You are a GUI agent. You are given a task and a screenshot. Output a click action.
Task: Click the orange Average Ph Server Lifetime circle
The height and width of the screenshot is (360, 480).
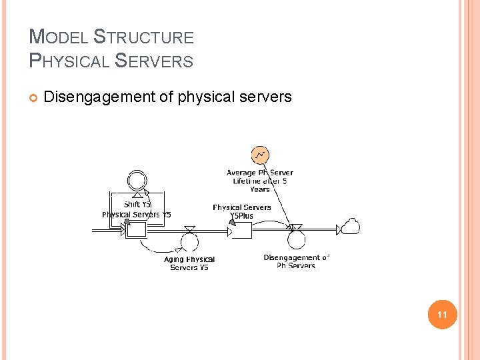point(260,155)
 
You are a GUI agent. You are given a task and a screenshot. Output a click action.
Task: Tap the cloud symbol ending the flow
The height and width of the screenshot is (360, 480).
point(350,227)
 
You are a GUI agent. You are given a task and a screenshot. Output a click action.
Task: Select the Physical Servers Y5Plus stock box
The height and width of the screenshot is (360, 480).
point(241,231)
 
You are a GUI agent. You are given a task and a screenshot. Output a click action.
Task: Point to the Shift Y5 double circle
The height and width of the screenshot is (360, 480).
point(137,179)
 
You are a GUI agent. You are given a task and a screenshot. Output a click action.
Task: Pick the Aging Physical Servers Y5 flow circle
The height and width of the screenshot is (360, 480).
point(189,242)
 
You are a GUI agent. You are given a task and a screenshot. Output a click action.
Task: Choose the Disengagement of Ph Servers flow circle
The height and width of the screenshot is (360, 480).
point(295,241)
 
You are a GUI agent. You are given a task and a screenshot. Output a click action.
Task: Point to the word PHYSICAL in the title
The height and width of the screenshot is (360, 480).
point(70,61)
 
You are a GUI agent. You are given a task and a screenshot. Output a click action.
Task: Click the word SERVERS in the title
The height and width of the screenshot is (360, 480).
point(154,61)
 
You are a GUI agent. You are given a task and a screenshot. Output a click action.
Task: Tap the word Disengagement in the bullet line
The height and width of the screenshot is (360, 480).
point(99,97)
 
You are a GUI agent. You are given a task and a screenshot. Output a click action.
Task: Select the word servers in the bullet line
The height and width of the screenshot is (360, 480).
point(267,97)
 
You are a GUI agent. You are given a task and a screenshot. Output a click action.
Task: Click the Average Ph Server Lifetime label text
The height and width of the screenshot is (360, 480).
point(260,181)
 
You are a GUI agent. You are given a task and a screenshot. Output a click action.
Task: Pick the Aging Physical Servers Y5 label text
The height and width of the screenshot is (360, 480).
point(189,263)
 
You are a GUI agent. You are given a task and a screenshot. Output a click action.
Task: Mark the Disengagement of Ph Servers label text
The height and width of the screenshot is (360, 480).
point(296,261)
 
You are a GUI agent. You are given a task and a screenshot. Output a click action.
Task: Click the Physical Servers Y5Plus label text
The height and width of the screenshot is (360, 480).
point(242,211)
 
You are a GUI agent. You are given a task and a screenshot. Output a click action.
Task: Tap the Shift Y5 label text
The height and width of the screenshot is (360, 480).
point(137,204)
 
